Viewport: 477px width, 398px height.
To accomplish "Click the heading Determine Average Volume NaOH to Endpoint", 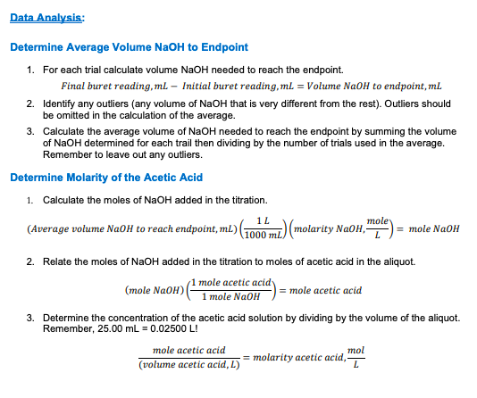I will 130,46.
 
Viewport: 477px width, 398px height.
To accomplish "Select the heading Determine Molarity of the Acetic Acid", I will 106,178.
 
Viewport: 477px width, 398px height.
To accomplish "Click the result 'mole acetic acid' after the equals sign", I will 325,290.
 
